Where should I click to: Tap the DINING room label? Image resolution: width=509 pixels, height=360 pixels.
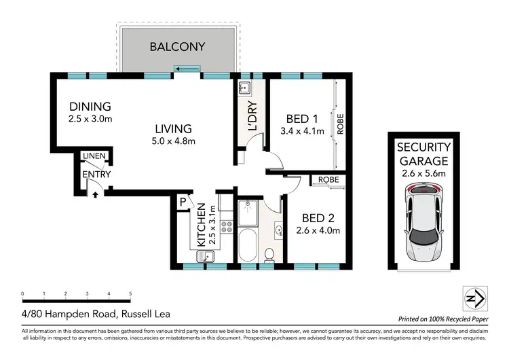[x=90, y=107]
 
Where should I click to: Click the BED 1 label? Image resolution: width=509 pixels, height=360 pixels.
[x=302, y=117]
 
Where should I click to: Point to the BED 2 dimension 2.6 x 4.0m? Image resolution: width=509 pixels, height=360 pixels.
[x=318, y=231]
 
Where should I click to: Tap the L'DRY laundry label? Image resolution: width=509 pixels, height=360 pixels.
[x=252, y=116]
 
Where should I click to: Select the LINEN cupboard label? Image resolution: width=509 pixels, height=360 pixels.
[x=94, y=156]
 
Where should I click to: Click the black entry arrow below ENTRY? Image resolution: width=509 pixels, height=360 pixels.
[x=95, y=194]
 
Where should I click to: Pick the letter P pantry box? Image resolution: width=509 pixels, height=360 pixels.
[x=183, y=202]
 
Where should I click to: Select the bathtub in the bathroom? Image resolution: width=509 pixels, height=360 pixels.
[x=247, y=247]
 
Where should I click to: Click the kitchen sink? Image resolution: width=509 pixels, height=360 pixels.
[x=205, y=256]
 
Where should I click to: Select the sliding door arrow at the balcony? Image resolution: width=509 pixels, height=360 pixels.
[x=187, y=68]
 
